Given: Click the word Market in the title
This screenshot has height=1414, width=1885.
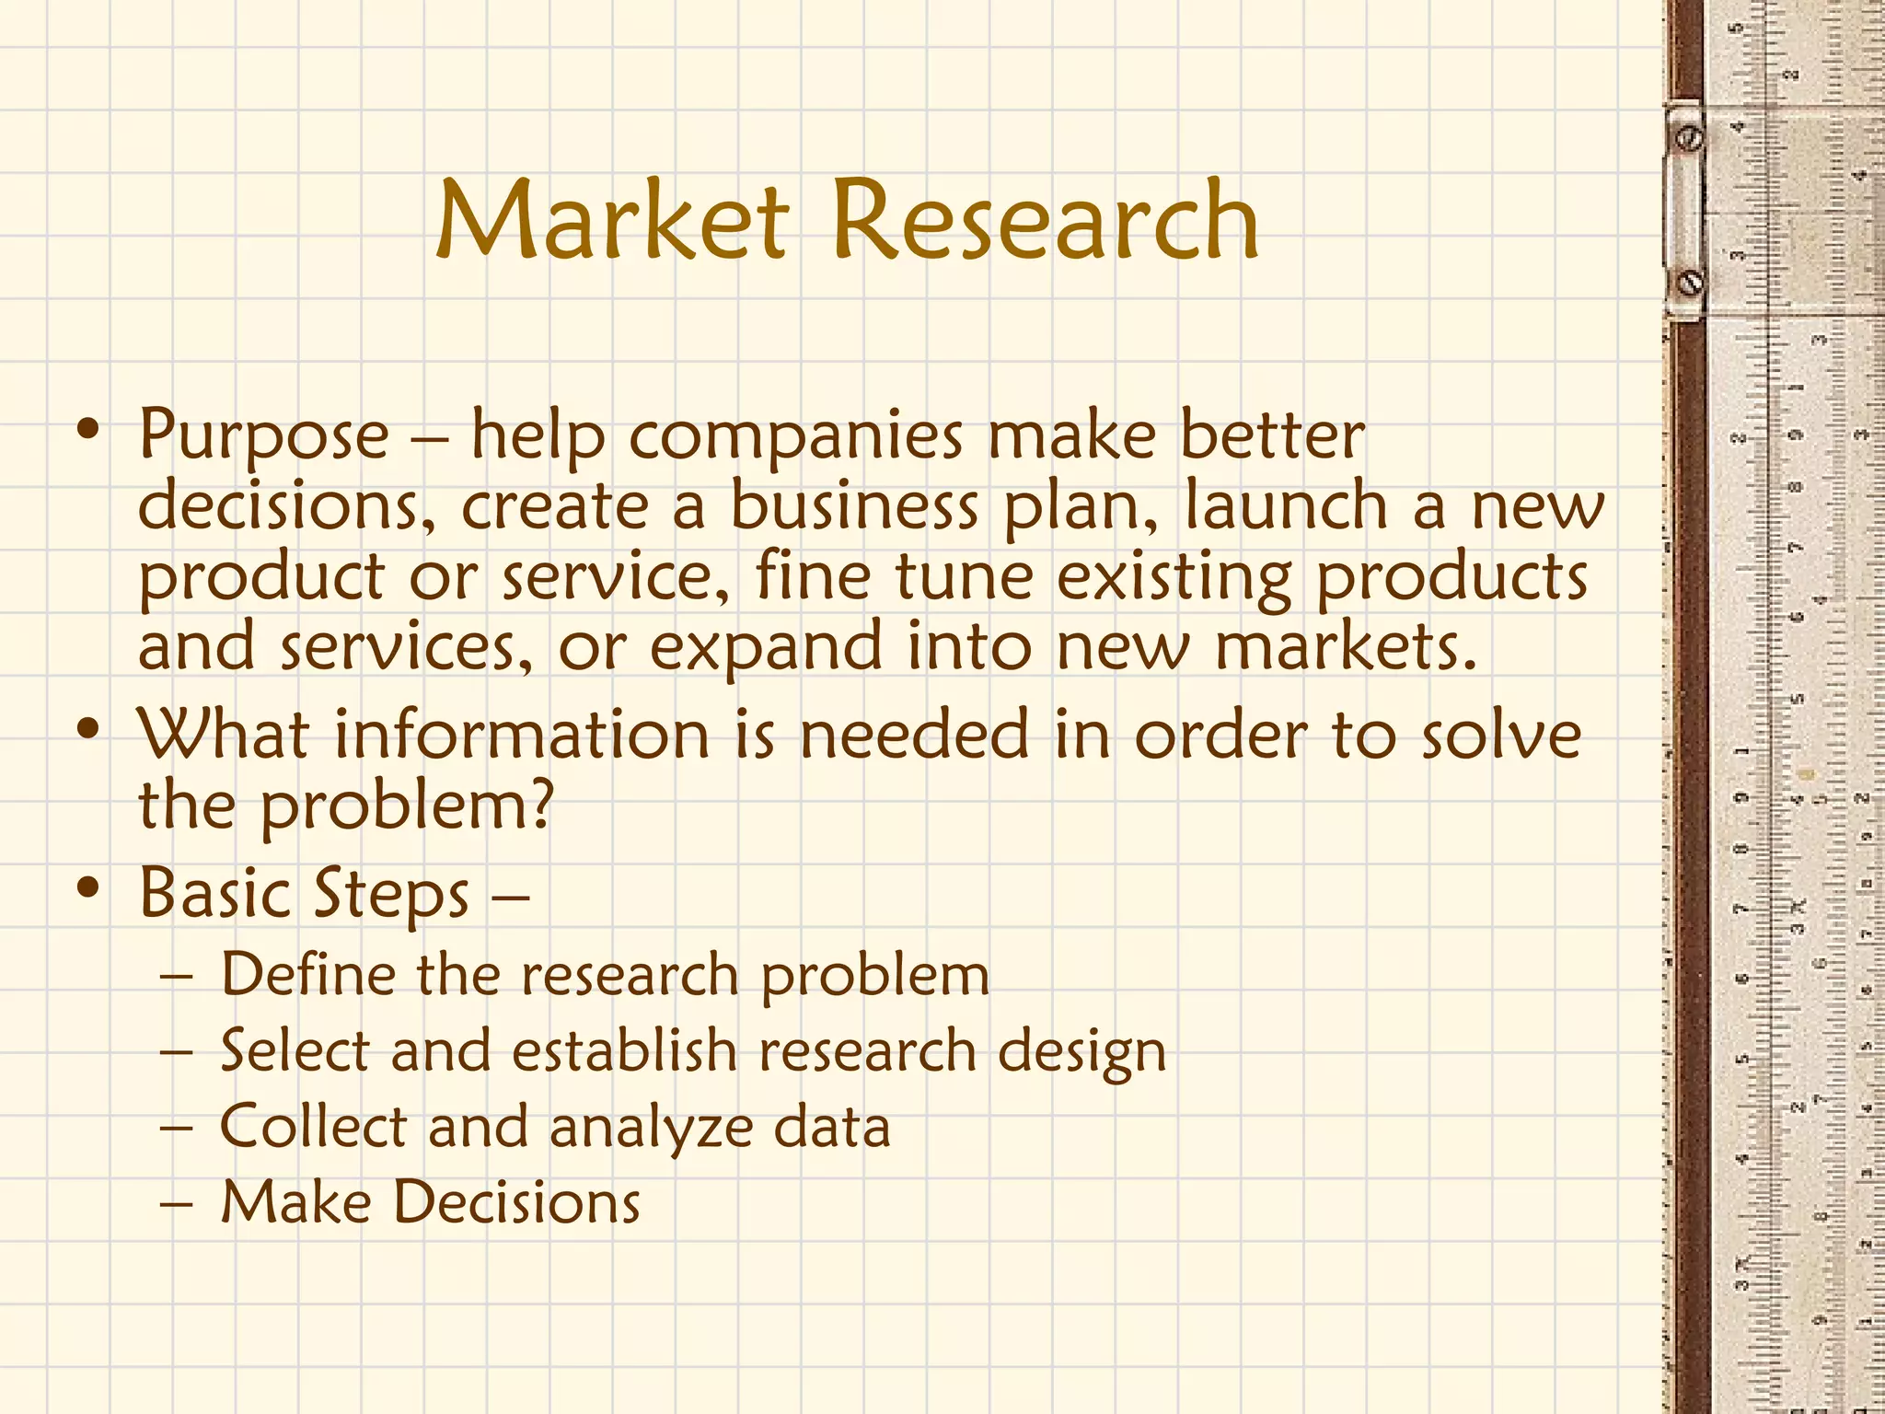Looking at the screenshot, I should point(612,221).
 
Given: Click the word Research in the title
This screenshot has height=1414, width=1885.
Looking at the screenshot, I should point(1045,221).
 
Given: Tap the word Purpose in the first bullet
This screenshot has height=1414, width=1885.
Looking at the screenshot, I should point(264,435).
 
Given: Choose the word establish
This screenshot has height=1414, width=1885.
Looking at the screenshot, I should point(625,1050).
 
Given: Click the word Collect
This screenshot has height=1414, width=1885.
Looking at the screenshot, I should point(313,1127).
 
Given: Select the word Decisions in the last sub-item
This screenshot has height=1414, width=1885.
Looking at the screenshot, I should point(516,1202).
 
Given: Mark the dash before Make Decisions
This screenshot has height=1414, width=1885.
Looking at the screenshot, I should point(176,1204).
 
